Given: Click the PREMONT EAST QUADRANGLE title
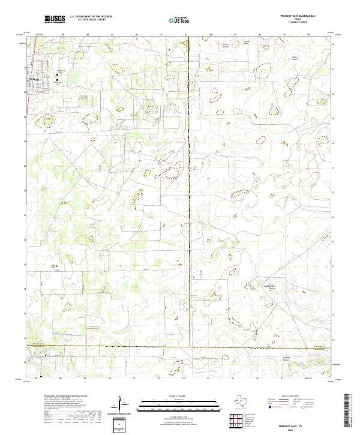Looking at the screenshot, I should (x=298, y=16).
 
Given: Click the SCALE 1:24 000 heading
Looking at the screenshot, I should (x=174, y=397).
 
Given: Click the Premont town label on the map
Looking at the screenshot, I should (x=32, y=79).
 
